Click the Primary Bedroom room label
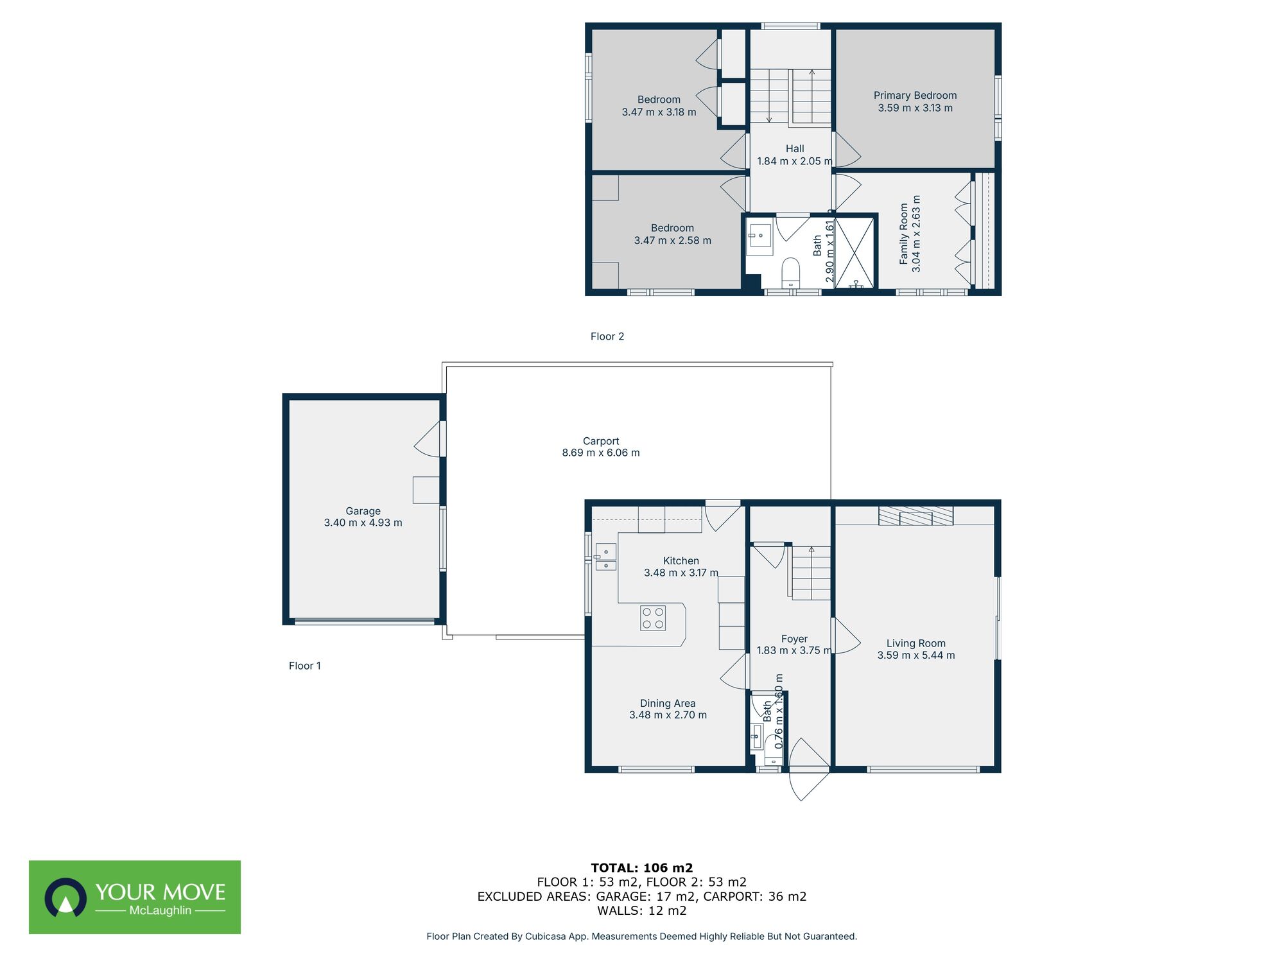pos(915,96)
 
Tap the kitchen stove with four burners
pos(653,618)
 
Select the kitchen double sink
pos(605,557)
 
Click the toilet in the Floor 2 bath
pos(791,272)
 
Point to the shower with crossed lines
pos(855,252)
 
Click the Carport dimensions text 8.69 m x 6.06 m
pos(601,453)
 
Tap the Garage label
pos(363,511)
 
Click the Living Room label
pos(915,643)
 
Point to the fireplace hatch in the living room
pos(915,516)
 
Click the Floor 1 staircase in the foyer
pos(811,573)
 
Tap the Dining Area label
pos(668,704)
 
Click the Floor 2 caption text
pos(607,336)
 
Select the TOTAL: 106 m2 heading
pos(641,868)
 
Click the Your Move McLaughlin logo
pos(135,897)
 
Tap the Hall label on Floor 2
pos(795,149)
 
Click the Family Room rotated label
pos(904,234)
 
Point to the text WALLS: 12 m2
pos(641,910)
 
